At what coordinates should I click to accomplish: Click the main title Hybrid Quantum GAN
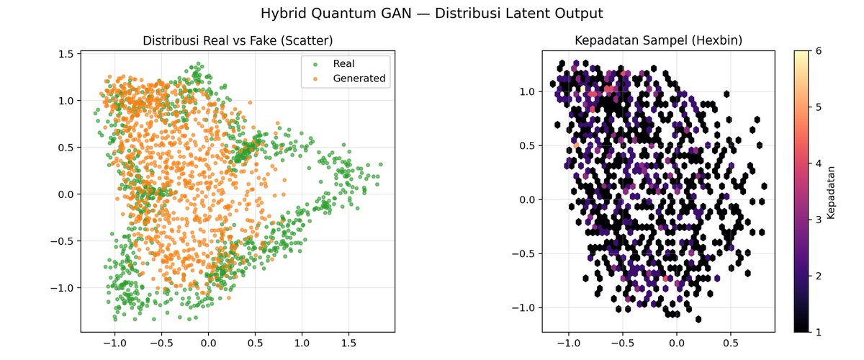click(432, 13)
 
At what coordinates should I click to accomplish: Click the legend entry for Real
click(343, 63)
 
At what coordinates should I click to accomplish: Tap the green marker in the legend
click(314, 63)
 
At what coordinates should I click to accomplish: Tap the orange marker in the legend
click(314, 78)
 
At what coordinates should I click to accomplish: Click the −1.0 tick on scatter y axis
click(62, 288)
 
